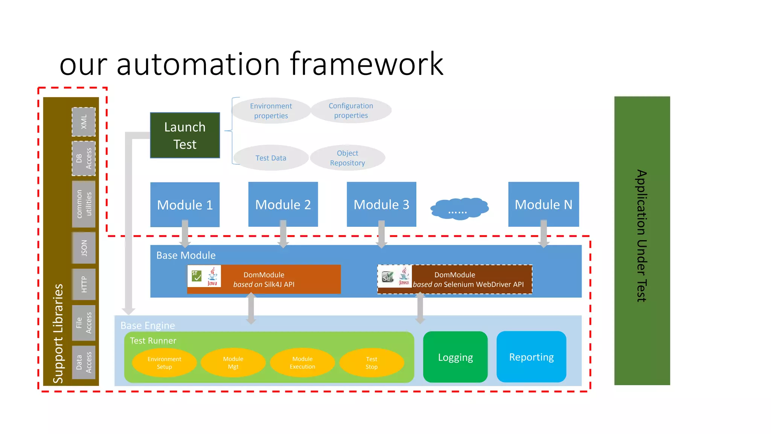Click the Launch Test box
185,135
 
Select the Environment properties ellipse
271,111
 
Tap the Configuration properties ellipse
351,110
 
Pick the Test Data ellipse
271,158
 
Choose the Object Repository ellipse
347,158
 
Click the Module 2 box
283,205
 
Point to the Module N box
543,205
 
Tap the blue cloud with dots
459,208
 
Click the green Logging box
455,357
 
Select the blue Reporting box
531,357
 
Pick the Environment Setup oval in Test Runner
164,362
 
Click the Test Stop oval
372,362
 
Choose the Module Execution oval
302,362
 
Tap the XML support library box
84,122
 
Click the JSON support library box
84,248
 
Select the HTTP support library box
84,284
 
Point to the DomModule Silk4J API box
264,280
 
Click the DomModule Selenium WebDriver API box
455,280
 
